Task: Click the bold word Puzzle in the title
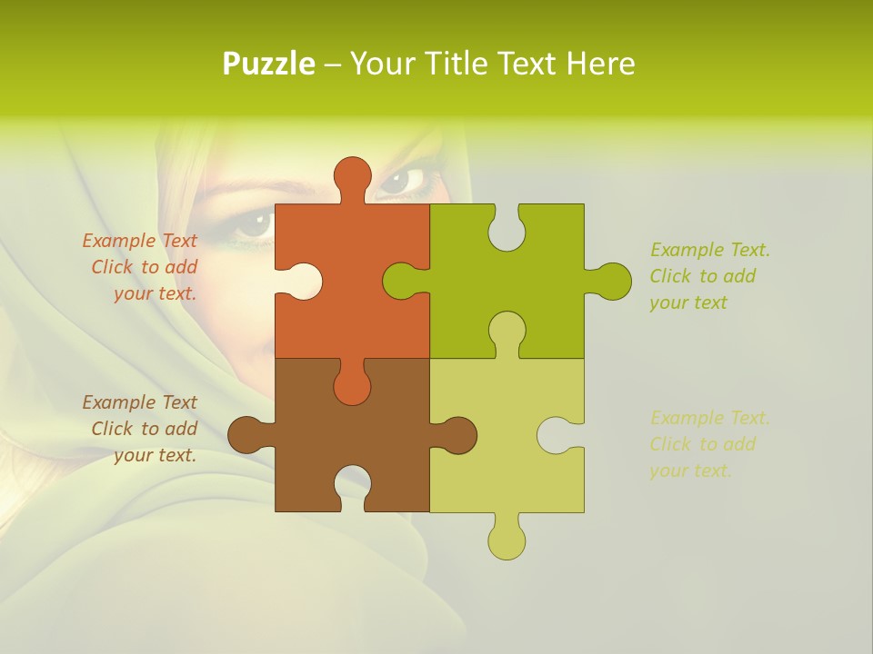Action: click(x=269, y=64)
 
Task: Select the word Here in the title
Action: click(x=599, y=64)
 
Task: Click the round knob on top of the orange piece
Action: click(x=352, y=176)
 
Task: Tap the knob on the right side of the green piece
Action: click(x=612, y=281)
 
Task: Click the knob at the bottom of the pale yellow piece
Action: click(x=507, y=540)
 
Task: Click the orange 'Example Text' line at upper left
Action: click(x=139, y=241)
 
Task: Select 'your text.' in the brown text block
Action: click(x=155, y=455)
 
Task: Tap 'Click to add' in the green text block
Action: click(x=702, y=276)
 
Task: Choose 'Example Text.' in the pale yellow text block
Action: click(x=709, y=418)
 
